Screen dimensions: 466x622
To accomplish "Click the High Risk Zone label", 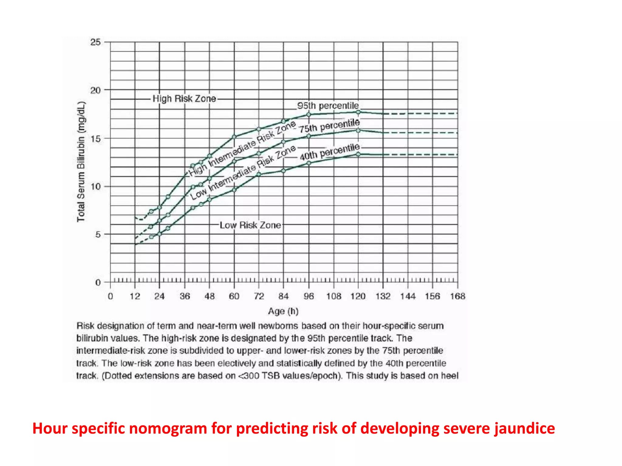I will click(184, 99).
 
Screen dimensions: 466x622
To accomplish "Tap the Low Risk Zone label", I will click(250, 225).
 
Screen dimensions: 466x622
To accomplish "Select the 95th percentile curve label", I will click(328, 106).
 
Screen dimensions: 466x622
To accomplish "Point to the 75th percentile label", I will click(329, 126).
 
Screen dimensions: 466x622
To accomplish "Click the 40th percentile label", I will click(330, 152).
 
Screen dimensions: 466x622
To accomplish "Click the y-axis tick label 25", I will click(95, 42).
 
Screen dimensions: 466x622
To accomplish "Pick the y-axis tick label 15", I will click(95, 139).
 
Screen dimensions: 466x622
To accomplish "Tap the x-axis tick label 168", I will click(457, 296).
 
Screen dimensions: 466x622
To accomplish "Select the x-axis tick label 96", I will click(309, 296).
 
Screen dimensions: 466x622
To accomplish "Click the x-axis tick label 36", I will click(185, 296).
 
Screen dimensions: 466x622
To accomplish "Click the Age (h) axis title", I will click(283, 311).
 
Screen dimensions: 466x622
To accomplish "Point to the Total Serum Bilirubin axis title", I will click(81, 162).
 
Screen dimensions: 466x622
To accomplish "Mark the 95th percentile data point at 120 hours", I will click(358, 112).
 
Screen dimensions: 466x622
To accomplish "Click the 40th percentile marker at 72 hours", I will click(259, 174).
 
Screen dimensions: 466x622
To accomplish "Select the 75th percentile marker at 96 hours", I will click(309, 136).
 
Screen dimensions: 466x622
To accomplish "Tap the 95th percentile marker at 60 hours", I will click(234, 137).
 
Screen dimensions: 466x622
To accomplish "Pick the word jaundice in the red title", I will click(525, 428).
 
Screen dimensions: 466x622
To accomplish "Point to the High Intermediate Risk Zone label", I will click(242, 149).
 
